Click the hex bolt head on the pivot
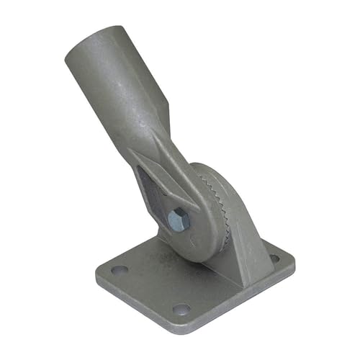[179, 219]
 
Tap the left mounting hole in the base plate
[120, 270]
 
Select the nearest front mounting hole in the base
[182, 309]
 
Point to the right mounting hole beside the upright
[274, 258]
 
